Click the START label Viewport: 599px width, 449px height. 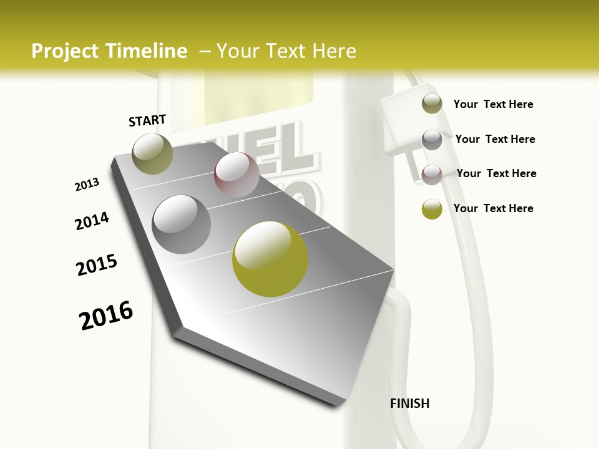pyautogui.click(x=147, y=120)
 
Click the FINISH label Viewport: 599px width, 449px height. pyautogui.click(x=409, y=403)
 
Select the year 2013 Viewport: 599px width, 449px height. pyautogui.click(x=87, y=185)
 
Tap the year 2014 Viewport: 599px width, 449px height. pyautogui.click(x=92, y=221)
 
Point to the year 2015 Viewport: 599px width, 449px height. pyautogui.click(x=97, y=265)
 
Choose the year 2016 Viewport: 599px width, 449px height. pyautogui.click(x=106, y=316)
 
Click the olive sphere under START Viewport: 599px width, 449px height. pyautogui.click(x=153, y=153)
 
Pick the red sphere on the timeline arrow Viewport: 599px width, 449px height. pyautogui.click(x=236, y=175)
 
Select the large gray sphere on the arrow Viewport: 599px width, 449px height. pyautogui.click(x=182, y=224)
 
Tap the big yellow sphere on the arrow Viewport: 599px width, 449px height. pyautogui.click(x=270, y=259)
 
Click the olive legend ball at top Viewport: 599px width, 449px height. pyautogui.click(x=432, y=104)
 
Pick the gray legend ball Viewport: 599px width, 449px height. pyautogui.click(x=432, y=140)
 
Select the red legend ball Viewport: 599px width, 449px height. pyautogui.click(x=432, y=175)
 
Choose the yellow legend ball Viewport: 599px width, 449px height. pyautogui.click(x=432, y=209)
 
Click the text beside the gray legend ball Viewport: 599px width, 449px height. pyautogui.click(x=495, y=139)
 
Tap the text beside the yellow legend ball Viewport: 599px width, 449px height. pyautogui.click(x=493, y=208)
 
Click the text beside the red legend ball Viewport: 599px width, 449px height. pyautogui.click(x=496, y=173)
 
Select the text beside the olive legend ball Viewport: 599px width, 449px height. pyautogui.click(x=493, y=104)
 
